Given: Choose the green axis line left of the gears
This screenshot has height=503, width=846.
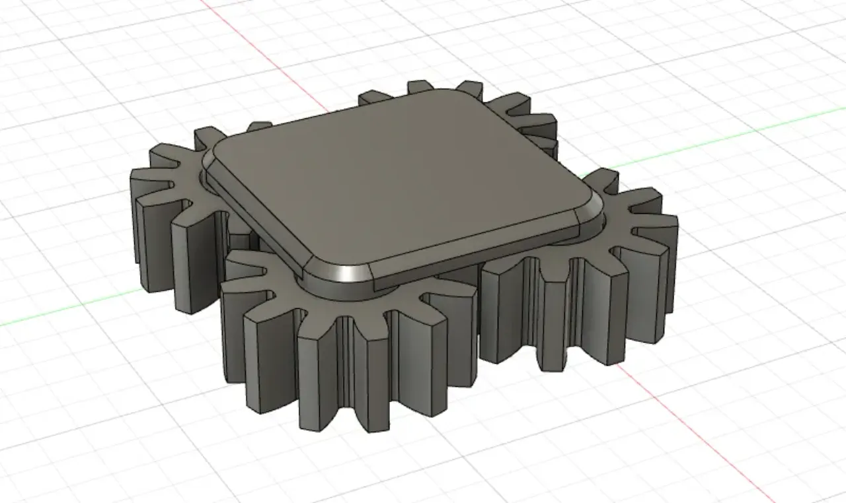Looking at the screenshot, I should [x=66, y=314].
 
